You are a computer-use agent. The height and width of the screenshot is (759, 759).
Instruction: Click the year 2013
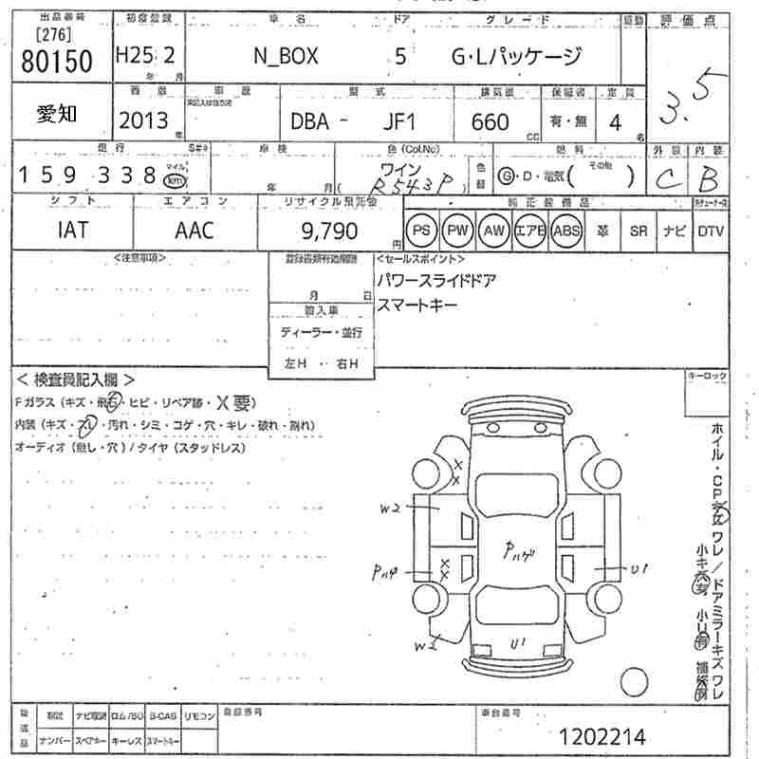[143, 120]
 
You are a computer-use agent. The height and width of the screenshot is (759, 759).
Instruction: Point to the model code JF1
[399, 121]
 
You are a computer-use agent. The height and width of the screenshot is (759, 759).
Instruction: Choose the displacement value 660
[490, 121]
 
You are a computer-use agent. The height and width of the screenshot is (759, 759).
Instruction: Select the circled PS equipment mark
[422, 231]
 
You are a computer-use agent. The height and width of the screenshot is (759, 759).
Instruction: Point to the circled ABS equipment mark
[566, 231]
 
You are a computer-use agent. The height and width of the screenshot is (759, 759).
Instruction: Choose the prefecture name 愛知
[57, 115]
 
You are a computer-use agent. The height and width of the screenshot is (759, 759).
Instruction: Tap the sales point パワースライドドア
[436, 281]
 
